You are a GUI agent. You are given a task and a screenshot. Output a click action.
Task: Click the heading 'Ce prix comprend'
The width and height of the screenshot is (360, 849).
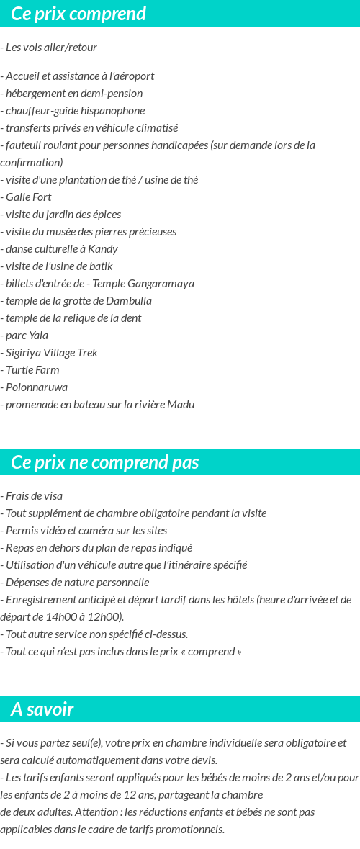(78, 14)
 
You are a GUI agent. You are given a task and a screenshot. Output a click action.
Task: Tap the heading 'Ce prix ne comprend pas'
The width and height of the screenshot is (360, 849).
(105, 462)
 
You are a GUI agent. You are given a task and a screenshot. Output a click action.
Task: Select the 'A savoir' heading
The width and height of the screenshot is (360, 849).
(42, 709)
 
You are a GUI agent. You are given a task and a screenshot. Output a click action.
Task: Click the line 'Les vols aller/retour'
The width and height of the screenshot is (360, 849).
(50, 48)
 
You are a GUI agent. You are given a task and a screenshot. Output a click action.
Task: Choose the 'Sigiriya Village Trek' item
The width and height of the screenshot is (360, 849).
(50, 353)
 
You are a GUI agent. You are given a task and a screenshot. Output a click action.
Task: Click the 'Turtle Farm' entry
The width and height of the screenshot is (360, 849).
(32, 370)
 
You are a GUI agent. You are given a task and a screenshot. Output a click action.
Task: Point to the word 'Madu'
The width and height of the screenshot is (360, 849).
(181, 405)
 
